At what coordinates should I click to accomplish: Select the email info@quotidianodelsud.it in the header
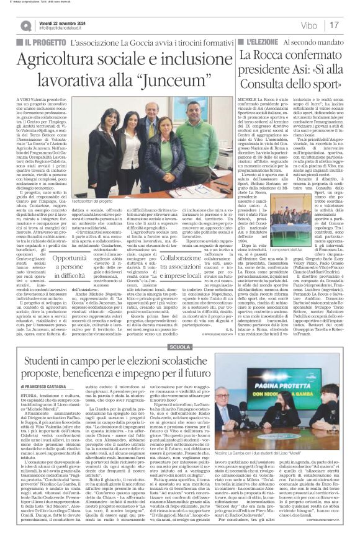pyautogui.click(x=63, y=29)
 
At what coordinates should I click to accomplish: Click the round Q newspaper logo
pyautogui.click(x=25, y=25)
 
